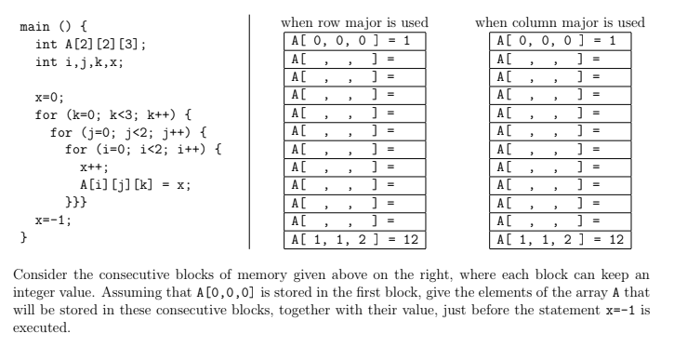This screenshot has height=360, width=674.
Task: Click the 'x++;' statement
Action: (x=95, y=166)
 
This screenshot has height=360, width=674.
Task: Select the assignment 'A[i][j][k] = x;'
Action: (x=135, y=183)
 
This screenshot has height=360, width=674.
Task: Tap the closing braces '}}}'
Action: (x=76, y=201)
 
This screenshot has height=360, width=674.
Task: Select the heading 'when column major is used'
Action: (x=560, y=22)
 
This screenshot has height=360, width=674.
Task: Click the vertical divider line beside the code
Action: (x=249, y=130)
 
